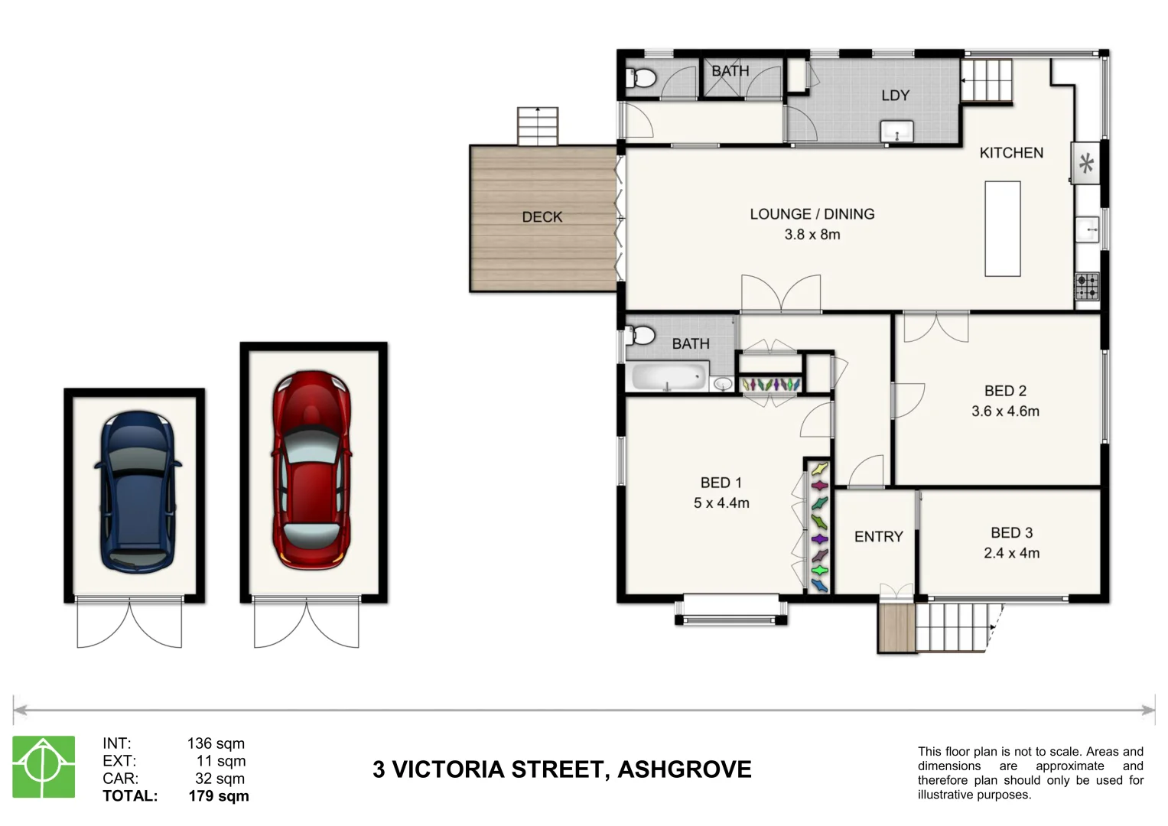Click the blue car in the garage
coord(136,493)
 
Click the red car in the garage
coord(311,470)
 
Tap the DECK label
coord(542,217)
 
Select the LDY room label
coord(895,96)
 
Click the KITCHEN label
coord(1011,153)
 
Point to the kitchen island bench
coord(1002,228)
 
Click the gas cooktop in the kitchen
coord(1087,287)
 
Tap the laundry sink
coord(896,132)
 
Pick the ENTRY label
coord(878,537)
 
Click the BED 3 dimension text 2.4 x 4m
coord(1011,553)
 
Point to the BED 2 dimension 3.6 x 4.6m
coord(1005,411)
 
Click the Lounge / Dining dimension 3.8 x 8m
coord(812,235)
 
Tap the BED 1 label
coord(721,483)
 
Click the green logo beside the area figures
coord(44,767)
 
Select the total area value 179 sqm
coord(219,796)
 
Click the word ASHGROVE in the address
coord(684,769)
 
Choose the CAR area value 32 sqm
coord(220,779)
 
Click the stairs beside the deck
coord(538,126)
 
